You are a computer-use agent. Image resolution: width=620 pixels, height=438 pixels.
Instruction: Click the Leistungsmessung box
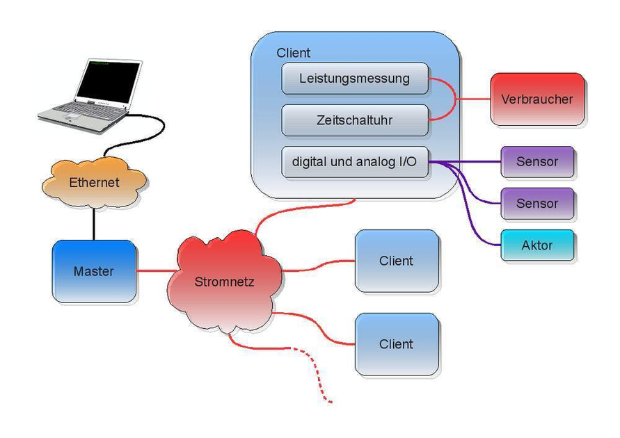[x=355, y=79]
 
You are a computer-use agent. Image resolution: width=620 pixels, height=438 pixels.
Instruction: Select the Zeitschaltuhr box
[x=355, y=120]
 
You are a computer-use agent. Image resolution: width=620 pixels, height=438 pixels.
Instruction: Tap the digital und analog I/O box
[x=355, y=162]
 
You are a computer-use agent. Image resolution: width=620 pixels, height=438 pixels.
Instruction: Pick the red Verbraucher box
[x=536, y=99]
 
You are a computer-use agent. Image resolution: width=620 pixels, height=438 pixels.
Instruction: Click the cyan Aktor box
[x=537, y=245]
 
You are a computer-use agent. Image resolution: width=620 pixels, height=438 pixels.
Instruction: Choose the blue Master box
[x=94, y=271]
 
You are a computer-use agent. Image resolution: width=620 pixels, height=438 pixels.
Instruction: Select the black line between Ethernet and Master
[x=94, y=223]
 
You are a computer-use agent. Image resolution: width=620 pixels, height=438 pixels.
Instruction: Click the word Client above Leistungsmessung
[x=294, y=53]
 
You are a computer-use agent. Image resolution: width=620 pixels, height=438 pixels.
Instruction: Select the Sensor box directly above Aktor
[x=537, y=204]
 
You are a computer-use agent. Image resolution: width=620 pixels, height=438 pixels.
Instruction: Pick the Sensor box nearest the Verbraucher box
[x=537, y=162]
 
